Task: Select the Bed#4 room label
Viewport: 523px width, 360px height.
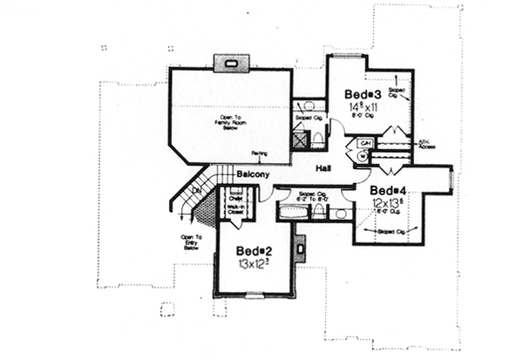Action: (389, 190)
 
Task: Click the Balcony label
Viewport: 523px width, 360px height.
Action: (250, 174)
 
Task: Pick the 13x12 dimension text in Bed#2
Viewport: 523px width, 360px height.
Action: (250, 262)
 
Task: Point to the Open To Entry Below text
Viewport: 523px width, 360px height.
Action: (191, 242)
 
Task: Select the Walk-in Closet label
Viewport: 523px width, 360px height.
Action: (235, 212)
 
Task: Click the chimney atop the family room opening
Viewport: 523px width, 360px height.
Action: (231, 62)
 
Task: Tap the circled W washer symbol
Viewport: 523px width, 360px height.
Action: (363, 155)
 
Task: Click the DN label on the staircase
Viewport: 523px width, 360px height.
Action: (197, 189)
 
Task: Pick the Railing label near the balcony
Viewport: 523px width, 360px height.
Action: (259, 154)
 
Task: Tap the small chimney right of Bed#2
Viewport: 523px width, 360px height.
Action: (300, 248)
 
